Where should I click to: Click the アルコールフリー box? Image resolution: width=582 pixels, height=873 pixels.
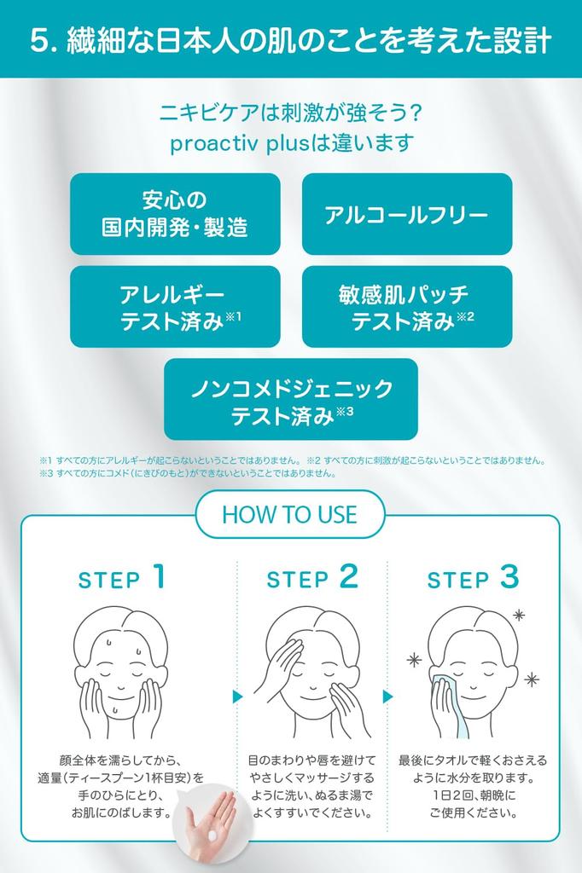407,214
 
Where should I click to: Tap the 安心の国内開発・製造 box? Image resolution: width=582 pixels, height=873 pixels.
175,214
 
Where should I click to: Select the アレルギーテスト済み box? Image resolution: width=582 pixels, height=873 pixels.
175,307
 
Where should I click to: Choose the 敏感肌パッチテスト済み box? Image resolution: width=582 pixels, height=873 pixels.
407,307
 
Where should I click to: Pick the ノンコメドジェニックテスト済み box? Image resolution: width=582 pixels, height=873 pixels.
291,399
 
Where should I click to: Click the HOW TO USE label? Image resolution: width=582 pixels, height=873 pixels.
290,515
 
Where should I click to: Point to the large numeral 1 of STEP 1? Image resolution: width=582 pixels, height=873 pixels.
159,577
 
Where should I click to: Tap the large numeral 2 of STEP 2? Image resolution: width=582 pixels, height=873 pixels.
348,577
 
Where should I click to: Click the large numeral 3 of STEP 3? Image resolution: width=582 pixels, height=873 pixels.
509,577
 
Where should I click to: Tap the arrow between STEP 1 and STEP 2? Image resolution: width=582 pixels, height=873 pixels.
238,697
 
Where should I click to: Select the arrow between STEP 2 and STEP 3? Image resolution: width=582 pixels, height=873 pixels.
388,697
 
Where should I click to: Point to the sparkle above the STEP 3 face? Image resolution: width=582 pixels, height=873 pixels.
519,616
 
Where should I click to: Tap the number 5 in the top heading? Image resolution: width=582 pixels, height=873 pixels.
39,42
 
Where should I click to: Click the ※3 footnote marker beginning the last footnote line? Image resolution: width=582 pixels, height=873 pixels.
46,474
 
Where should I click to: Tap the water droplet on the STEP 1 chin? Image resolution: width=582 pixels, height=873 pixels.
114,709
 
